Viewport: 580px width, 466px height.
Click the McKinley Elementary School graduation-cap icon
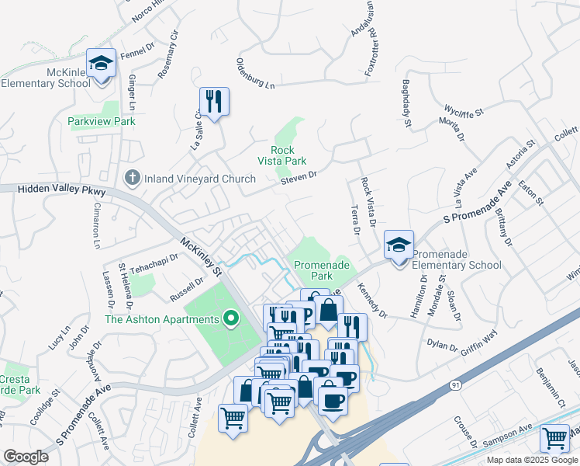[101, 63]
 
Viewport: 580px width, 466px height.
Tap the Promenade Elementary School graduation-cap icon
[399, 245]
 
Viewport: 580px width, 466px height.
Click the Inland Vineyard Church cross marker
[133, 179]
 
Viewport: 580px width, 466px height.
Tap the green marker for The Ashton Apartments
[230, 318]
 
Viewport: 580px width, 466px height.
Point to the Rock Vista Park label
[282, 155]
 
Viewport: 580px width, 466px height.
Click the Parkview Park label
[102, 121]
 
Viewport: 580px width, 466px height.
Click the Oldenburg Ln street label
[256, 72]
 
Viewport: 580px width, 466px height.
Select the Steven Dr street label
[299, 178]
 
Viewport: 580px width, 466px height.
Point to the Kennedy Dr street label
[372, 300]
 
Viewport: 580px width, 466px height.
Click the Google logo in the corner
[26, 457]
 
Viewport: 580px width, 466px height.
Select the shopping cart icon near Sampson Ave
[554, 440]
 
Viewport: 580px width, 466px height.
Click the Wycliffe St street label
[463, 110]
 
